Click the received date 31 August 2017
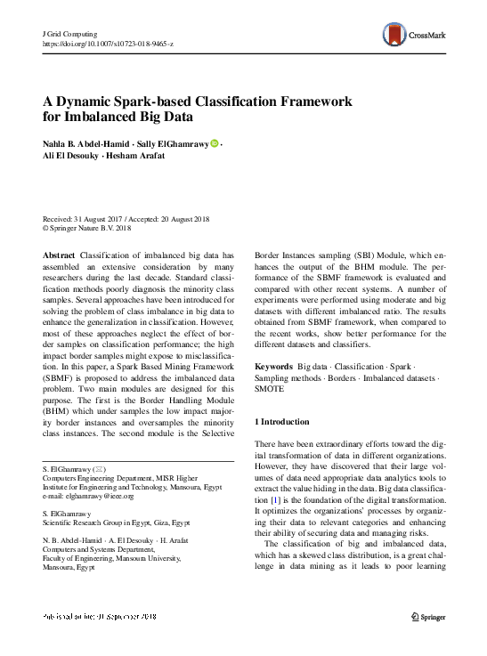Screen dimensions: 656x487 [x=95, y=219]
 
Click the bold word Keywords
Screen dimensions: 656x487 [x=274, y=366]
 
